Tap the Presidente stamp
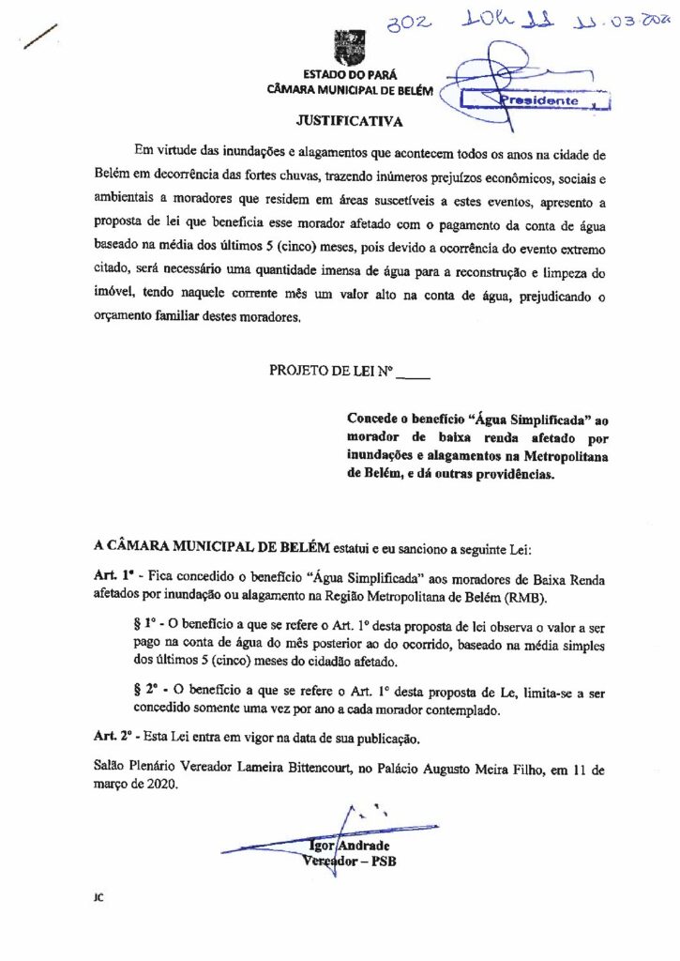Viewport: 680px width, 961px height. [539, 99]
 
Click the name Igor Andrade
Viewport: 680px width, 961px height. [348, 847]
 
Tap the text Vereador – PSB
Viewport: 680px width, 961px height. [348, 863]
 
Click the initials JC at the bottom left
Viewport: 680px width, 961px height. [98, 897]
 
